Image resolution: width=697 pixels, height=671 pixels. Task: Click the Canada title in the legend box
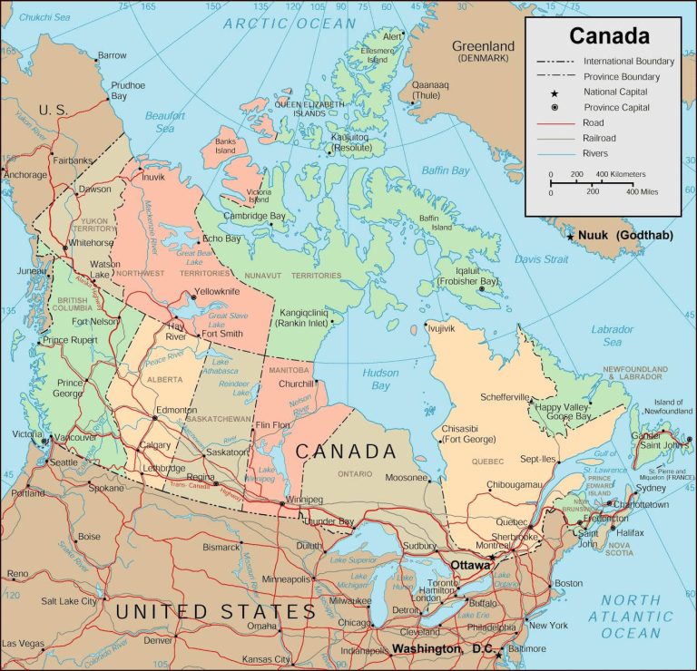[x=609, y=36]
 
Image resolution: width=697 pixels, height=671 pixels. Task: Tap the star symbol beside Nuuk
[x=570, y=237]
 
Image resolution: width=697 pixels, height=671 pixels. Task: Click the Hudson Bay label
[x=380, y=379]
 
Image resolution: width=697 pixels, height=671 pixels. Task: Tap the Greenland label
[x=483, y=45]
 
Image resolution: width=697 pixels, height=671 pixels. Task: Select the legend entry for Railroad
[x=603, y=138]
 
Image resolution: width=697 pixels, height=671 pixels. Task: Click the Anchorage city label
[x=25, y=174]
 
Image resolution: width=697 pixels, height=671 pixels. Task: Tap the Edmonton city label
[x=176, y=411]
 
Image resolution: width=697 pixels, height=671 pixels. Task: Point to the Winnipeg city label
[x=303, y=500]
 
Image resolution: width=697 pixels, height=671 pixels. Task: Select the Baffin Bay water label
[x=446, y=170]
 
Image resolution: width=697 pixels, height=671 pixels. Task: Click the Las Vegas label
[x=23, y=644]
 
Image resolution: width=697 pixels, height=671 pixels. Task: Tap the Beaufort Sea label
[x=164, y=122]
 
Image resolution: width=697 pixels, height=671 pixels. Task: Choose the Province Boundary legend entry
[x=621, y=76]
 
